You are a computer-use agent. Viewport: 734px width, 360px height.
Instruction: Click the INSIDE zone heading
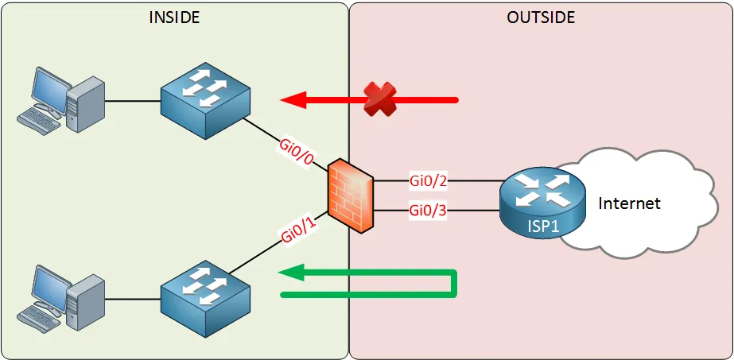coord(174,17)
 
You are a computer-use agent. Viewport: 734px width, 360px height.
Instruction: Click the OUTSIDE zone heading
coord(541,17)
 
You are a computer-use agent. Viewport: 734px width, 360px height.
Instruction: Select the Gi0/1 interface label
coord(299,230)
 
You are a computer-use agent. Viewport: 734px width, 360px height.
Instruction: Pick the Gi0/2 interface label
coord(428,180)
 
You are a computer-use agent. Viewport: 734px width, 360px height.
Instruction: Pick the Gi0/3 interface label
coord(428,211)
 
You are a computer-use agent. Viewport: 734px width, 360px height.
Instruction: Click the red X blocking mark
coord(380,99)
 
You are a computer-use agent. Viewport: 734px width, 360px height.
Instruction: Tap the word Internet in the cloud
coord(629,203)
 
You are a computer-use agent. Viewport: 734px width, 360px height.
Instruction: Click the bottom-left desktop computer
coord(63,298)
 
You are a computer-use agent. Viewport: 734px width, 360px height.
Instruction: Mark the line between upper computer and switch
coord(132,101)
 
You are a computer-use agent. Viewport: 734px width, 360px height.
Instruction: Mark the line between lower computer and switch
coord(132,300)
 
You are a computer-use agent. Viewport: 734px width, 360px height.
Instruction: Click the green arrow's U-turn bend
coord(453,284)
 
